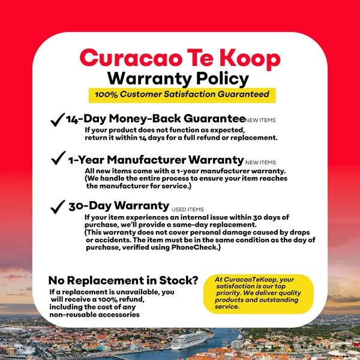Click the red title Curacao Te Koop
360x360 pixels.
179,58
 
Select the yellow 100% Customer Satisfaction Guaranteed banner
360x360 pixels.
182,95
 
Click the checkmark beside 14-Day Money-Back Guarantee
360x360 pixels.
58,120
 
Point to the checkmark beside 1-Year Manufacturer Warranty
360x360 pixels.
58,159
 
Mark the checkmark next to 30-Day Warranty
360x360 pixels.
58,206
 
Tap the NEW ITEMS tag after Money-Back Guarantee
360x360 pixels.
261,121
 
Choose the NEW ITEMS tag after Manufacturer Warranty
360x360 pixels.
261,163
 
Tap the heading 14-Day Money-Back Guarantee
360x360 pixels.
155,119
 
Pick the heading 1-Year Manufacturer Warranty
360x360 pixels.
155,160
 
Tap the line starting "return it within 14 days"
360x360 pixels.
181,137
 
